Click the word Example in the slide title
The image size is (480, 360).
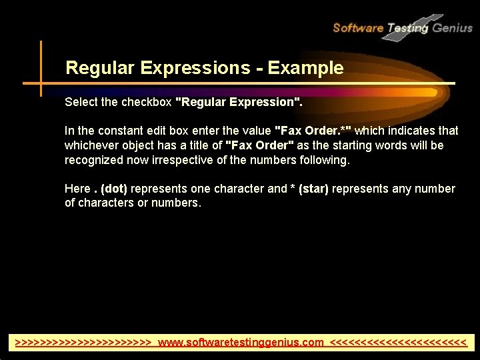[312, 68]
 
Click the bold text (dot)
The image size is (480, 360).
[114, 189]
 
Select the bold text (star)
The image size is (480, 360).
[313, 189]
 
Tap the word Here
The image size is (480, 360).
[76, 189]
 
